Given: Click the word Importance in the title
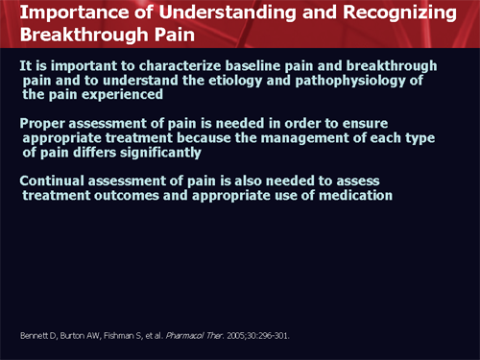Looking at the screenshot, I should (59, 13).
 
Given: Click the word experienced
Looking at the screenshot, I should (107, 96).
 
